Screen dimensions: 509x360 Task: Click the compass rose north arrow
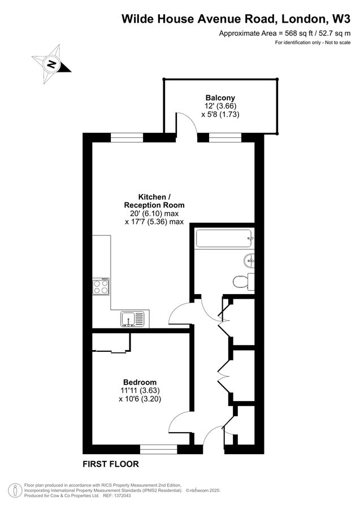[x=52, y=63]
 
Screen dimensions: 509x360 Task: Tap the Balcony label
[x=218, y=97]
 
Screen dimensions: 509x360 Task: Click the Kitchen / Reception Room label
[x=154, y=201]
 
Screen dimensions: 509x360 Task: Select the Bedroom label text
[x=140, y=382]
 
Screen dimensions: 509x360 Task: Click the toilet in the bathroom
[x=242, y=281]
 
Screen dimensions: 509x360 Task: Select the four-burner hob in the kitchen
[x=102, y=287]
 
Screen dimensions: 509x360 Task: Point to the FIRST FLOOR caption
[x=110, y=464]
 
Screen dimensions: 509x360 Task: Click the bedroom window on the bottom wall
[x=159, y=450]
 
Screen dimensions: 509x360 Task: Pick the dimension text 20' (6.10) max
[x=154, y=213]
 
